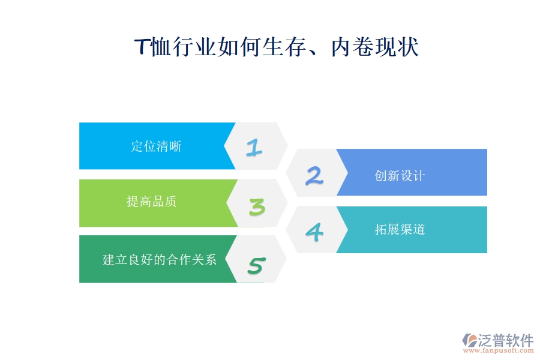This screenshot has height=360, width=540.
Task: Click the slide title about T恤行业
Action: coord(276,47)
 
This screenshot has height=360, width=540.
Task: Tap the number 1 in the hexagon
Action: coord(254,148)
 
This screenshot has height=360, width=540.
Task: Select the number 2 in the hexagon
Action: coord(314,175)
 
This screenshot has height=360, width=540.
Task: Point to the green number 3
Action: coord(257,206)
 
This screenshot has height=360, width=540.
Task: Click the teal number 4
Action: coord(314,232)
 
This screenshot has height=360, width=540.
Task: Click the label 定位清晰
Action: coord(157,146)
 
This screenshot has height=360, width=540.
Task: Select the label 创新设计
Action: coord(400,176)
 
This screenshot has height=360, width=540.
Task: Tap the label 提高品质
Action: coord(152,202)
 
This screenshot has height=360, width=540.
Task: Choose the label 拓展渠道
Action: coord(400,229)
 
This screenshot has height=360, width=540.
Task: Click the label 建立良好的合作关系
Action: coord(160,259)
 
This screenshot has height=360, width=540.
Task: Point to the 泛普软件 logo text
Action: coord(506,340)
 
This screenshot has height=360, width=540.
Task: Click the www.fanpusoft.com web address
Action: coord(499,350)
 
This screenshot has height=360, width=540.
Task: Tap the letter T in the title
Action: coord(142,47)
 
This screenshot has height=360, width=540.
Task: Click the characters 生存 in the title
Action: coord(284,47)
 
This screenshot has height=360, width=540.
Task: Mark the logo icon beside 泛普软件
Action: coord(470,340)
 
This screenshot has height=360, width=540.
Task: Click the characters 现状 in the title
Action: coord(397,47)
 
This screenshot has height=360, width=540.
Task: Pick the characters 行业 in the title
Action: coord(194,47)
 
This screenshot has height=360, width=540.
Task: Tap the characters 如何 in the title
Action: coord(239,47)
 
